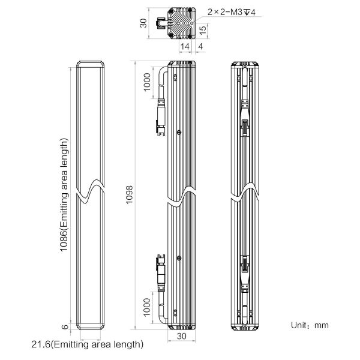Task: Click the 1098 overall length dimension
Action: click(129, 194)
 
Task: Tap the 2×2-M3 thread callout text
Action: click(232, 12)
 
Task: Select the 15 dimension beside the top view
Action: click(203, 31)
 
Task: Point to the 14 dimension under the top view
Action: click(185, 47)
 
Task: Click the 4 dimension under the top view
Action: click(200, 47)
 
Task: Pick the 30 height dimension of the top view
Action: click(143, 23)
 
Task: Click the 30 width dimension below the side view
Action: click(181, 336)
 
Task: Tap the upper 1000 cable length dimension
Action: click(147, 82)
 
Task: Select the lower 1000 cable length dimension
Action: click(147, 307)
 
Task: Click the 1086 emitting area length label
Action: click(64, 195)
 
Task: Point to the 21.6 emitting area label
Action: click(87, 344)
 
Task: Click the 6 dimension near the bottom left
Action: click(65, 326)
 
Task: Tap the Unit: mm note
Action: click(310, 325)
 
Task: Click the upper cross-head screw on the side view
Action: click(179, 132)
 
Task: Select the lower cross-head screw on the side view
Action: click(179, 258)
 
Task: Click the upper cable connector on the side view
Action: click(161, 117)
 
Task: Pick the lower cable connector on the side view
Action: click(161, 273)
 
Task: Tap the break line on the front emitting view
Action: click(90, 192)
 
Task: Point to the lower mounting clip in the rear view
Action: click(245, 264)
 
